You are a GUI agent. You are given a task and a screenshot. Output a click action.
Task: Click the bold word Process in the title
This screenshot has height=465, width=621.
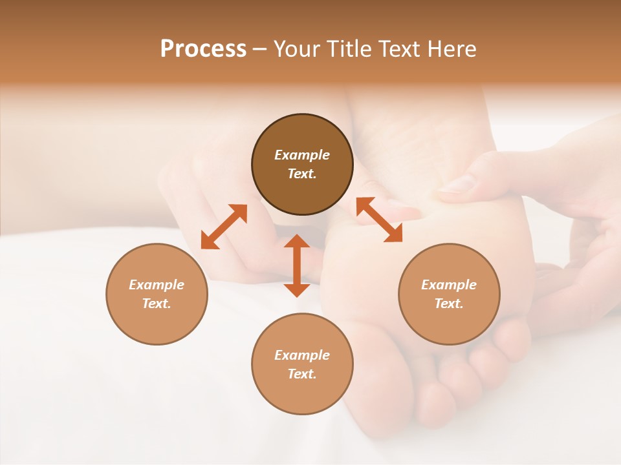pos(203,49)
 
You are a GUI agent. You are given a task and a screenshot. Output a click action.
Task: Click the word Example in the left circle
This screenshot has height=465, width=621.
pos(157,285)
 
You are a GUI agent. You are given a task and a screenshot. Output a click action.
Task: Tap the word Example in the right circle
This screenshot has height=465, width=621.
pos(448,285)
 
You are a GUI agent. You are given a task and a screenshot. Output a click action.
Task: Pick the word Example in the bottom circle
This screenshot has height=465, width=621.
pos(302,355)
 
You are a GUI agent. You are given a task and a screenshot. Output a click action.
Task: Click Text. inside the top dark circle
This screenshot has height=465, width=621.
pos(302,174)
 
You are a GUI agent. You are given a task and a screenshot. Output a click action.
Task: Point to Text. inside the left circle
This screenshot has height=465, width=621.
pos(157,304)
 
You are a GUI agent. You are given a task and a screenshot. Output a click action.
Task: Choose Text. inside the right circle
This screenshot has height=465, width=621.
pos(448,304)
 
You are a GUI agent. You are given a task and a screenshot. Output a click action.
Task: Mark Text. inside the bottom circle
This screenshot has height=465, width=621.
pos(302,374)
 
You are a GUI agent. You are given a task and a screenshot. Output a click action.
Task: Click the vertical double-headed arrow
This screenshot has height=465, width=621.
pos(297,265)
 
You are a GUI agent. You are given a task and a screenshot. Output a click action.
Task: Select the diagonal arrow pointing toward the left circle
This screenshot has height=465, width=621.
pos(224,227)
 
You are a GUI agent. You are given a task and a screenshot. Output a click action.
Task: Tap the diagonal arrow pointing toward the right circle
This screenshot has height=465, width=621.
pos(379,220)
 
